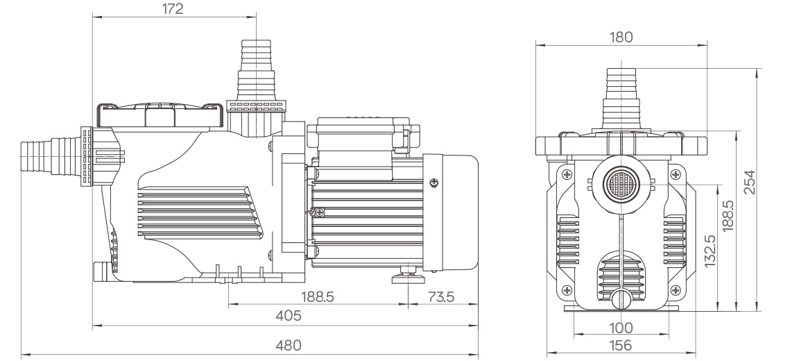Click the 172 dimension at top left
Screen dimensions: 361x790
click(173, 10)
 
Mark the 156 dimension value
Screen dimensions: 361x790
click(621, 345)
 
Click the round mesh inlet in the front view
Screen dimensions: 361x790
click(619, 183)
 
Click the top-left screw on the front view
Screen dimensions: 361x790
click(567, 174)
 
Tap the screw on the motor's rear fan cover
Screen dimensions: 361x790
click(435, 183)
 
